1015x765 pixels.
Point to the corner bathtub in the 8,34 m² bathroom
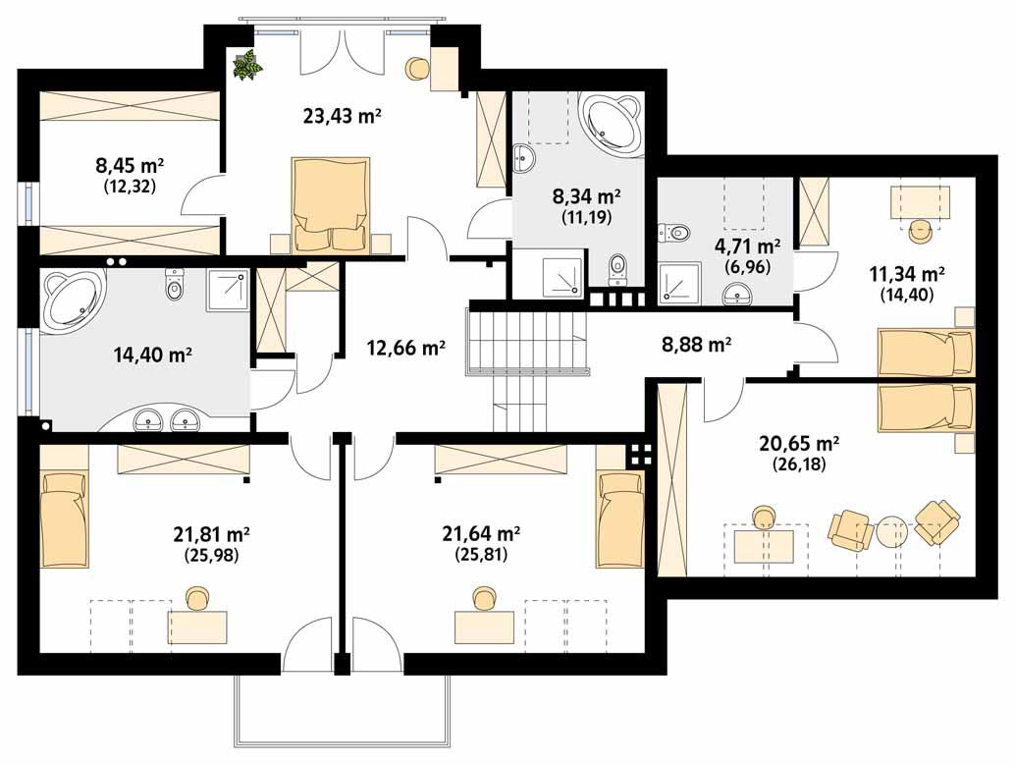(611, 125)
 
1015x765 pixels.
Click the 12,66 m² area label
(406, 347)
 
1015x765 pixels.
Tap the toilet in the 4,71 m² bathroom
(674, 234)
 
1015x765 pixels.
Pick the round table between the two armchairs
(893, 532)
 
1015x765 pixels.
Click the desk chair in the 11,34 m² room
(920, 231)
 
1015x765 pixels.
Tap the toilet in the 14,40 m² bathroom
(176, 286)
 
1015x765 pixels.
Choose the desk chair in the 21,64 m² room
(482, 599)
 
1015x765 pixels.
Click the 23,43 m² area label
(342, 117)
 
